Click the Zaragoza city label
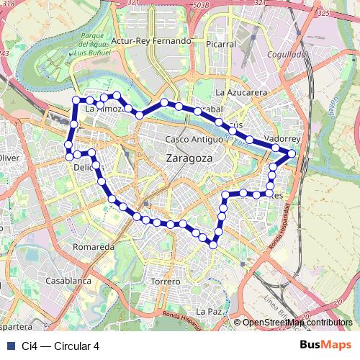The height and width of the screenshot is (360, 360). click(189, 158)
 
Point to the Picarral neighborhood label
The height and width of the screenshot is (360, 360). click(220, 44)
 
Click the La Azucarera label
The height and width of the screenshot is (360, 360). click(242, 93)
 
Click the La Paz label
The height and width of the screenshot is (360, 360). click(210, 311)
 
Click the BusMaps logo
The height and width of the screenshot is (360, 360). click(322, 345)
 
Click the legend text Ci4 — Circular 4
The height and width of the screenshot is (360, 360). click(60, 346)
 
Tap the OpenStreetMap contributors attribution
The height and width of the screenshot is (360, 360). click(297, 323)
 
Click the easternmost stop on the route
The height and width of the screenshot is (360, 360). click(292, 153)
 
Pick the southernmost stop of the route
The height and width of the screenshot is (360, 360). click(213, 246)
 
